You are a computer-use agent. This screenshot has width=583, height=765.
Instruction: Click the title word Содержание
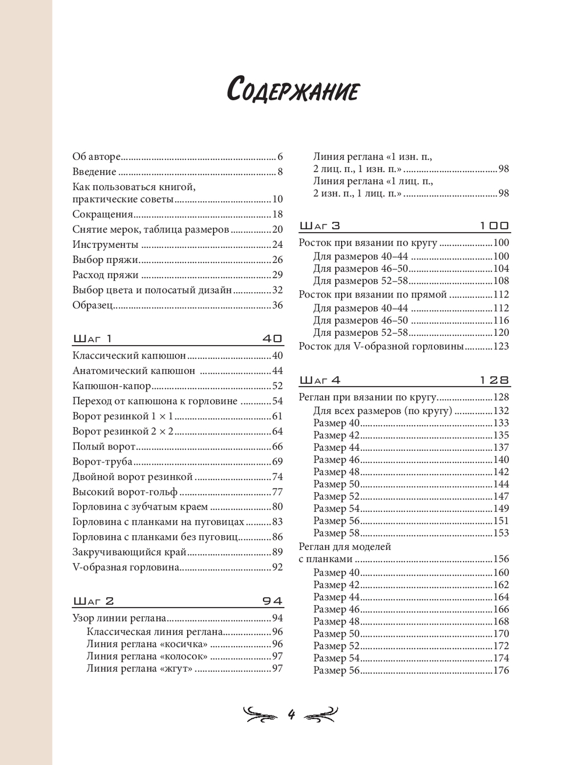[x=292, y=91]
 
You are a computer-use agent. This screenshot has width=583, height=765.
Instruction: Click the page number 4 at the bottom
[x=291, y=714]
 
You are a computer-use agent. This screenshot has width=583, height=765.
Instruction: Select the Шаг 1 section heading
[x=93, y=339]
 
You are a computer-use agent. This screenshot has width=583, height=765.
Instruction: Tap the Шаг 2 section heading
[x=94, y=601]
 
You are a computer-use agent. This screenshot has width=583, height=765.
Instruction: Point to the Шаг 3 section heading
[x=319, y=226]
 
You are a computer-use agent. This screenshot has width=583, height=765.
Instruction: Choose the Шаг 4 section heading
[x=320, y=380]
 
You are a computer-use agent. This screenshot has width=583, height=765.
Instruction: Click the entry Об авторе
[x=96, y=157]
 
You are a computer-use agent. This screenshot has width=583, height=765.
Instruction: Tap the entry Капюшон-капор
[x=112, y=386]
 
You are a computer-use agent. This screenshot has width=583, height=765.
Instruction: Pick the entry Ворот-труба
[x=103, y=462]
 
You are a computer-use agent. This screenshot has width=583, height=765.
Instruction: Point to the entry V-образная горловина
[x=125, y=567]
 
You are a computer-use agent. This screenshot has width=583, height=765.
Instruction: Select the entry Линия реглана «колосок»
[x=147, y=657]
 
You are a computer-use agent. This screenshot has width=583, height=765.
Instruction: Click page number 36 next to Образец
[x=278, y=306]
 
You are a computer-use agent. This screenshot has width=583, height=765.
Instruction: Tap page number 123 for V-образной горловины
[x=501, y=346]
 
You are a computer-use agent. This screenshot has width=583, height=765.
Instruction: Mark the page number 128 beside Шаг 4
[x=494, y=380]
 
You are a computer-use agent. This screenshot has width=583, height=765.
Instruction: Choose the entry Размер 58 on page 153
[x=338, y=533]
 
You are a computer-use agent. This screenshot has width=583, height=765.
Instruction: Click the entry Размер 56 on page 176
[x=338, y=671]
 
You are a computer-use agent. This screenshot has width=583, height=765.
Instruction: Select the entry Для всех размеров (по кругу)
[x=382, y=411]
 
